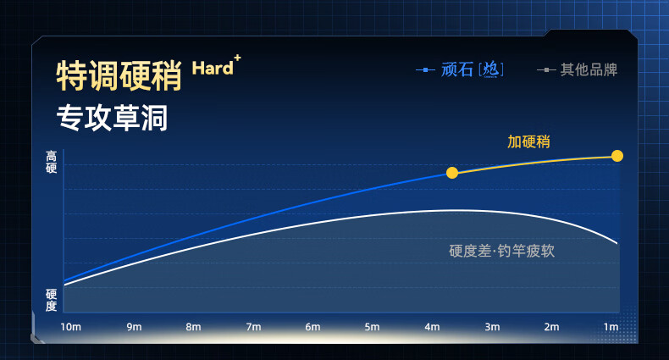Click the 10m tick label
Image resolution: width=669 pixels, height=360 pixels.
70,327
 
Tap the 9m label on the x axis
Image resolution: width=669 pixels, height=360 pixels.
134,327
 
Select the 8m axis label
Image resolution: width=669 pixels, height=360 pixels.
193,327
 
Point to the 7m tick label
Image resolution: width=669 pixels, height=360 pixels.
253,327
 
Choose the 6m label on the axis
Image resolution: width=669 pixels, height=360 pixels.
312,327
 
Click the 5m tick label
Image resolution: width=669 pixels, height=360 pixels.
372,327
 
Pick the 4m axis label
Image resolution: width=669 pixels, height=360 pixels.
432,327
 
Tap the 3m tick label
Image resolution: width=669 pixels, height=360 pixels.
492,327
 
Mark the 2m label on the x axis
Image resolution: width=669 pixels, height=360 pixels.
551,327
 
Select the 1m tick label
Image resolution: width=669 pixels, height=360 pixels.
611,327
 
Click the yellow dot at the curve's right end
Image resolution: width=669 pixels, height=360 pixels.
617,156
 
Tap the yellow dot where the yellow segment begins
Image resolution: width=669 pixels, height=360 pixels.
452,173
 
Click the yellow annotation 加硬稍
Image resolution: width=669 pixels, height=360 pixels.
528,141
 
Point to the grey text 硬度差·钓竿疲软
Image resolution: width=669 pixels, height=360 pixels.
501,251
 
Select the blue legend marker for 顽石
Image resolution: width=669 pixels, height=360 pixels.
425,70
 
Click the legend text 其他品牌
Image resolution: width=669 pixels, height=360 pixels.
589,69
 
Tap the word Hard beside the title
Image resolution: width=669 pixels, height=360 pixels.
213,69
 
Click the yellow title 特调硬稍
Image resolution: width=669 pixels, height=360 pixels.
119,75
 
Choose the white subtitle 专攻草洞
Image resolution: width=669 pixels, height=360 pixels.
113,118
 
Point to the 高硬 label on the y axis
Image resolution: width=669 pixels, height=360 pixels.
51,162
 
